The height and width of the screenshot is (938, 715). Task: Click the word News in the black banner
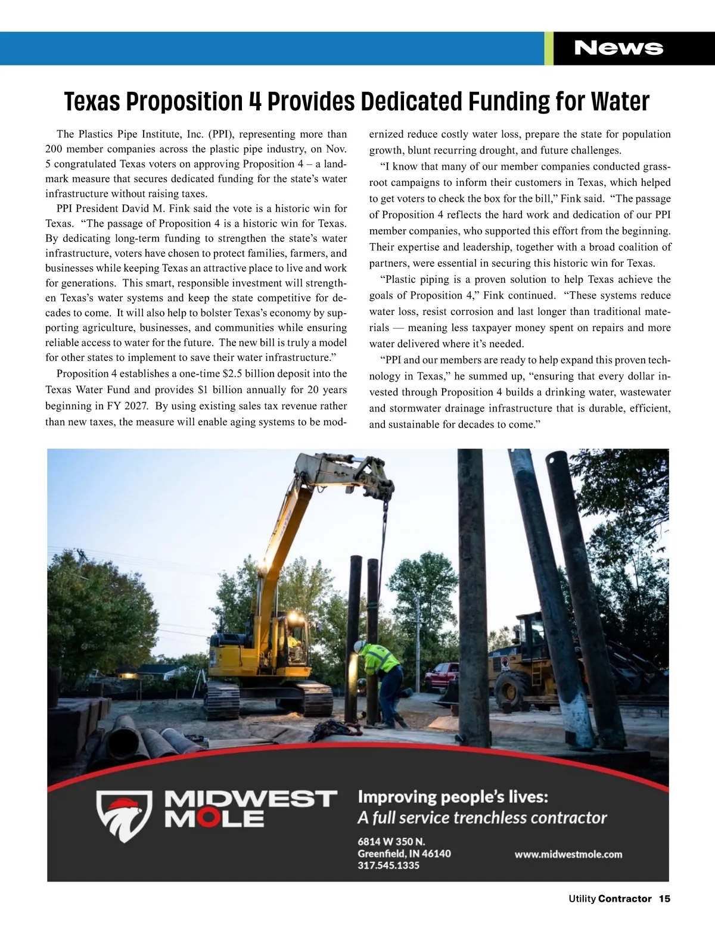618,48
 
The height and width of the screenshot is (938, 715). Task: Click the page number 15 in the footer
664,899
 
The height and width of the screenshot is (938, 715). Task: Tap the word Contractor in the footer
624,899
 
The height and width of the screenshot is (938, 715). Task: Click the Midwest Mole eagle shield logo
125,814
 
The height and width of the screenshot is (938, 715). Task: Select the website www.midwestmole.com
568,854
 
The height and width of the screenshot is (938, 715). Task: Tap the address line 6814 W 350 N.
391,842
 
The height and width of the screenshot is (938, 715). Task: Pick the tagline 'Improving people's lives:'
453,797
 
